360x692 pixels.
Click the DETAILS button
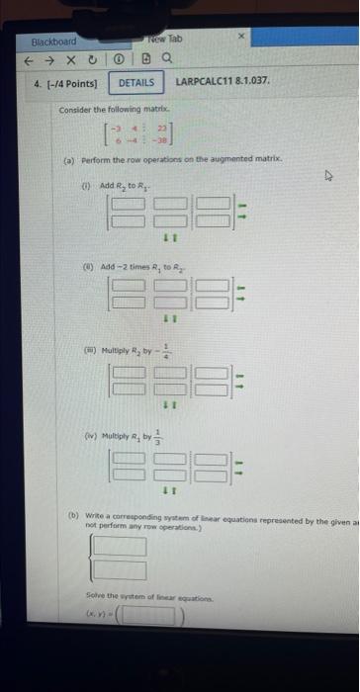click(x=138, y=84)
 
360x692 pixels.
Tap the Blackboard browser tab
click(x=53, y=43)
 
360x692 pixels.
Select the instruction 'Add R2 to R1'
click(x=121, y=186)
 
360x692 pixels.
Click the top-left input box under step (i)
click(x=131, y=205)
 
